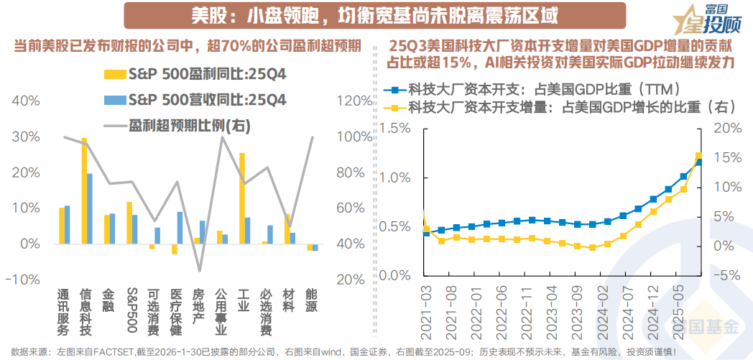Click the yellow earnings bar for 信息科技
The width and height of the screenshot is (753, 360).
84,191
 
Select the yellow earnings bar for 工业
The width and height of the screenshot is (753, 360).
242,198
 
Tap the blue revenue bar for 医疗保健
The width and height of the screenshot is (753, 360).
180,228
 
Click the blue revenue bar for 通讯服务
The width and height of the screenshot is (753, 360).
68,225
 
